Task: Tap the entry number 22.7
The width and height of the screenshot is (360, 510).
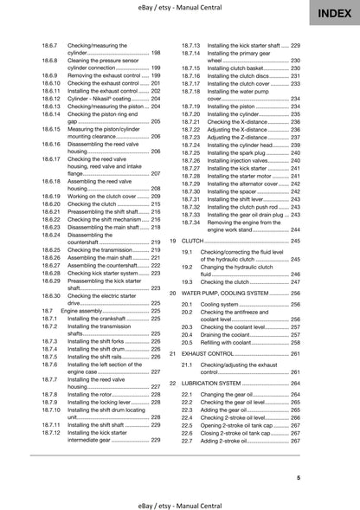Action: (x=186, y=442)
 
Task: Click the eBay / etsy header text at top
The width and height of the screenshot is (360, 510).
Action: (x=180, y=8)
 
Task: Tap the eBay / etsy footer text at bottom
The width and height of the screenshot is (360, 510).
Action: (x=180, y=501)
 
